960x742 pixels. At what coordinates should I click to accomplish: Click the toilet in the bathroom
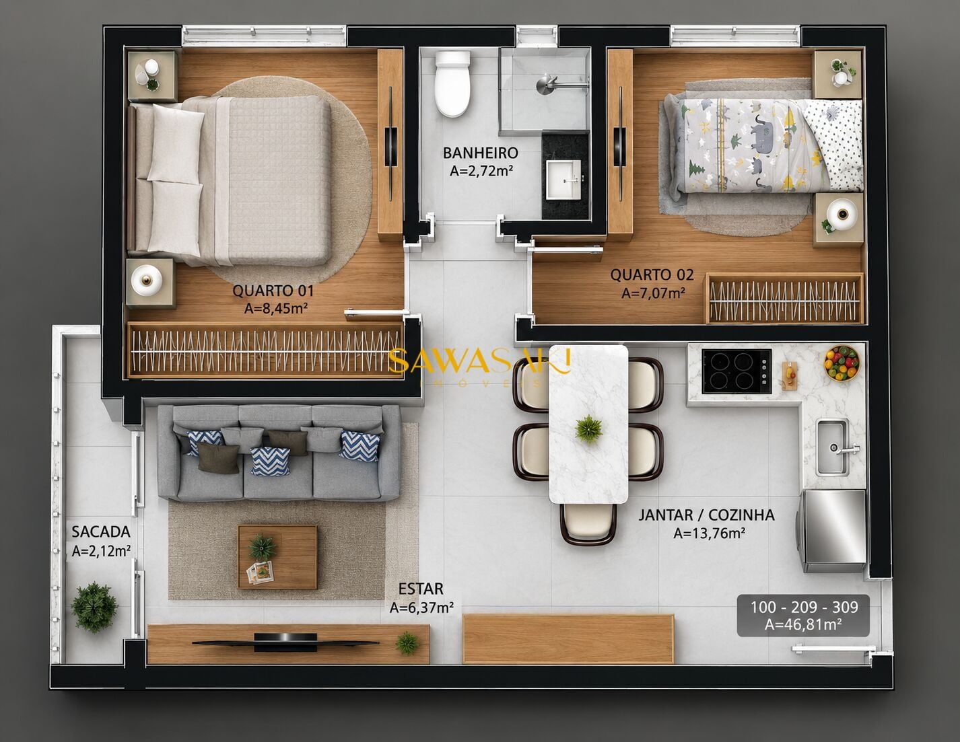click(x=452, y=83)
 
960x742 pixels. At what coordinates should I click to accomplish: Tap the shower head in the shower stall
click(x=547, y=84)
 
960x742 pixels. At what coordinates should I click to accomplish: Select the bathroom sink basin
click(x=563, y=180)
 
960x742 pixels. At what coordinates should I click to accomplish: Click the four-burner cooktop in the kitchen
click(x=736, y=371)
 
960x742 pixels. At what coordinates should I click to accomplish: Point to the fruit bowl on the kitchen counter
click(x=842, y=363)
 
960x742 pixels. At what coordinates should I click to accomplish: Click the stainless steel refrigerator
click(x=831, y=531)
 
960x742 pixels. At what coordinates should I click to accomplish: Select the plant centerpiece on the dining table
click(x=589, y=429)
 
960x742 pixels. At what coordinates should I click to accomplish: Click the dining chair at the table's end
click(x=588, y=524)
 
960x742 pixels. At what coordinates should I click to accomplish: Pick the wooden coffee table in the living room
click(x=277, y=556)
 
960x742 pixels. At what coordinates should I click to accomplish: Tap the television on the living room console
click(x=285, y=642)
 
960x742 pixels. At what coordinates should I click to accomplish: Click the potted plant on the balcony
click(x=94, y=607)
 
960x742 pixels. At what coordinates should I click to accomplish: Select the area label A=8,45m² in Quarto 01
click(x=275, y=309)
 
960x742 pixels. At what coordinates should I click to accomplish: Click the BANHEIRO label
click(x=480, y=153)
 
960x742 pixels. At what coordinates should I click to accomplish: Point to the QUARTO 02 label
click(x=652, y=275)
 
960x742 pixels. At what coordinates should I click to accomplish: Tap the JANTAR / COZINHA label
click(x=706, y=515)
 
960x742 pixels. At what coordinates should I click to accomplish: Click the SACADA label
click(x=101, y=532)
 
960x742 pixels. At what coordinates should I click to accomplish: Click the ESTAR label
click(x=421, y=589)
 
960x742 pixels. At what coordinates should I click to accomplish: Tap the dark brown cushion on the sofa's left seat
click(x=218, y=457)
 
